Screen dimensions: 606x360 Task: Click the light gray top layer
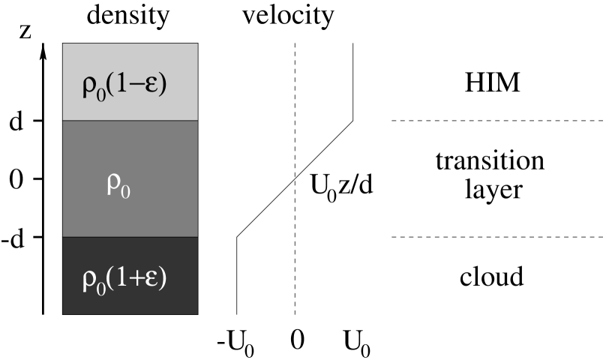click(x=130, y=60)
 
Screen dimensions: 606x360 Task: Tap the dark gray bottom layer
click(x=130, y=300)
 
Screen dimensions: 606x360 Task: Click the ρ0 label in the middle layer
click(x=118, y=184)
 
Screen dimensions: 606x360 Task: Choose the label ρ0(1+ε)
click(x=124, y=279)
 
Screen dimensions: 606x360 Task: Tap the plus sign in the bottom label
click(x=138, y=278)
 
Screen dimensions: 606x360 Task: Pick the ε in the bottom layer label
click(x=151, y=279)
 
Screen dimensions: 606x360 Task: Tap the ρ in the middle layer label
click(x=113, y=183)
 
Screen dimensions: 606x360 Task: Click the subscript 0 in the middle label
click(x=125, y=190)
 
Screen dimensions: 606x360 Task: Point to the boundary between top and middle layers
click(x=130, y=120)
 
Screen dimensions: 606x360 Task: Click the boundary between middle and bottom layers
click(x=130, y=237)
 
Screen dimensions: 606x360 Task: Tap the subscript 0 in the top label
click(x=100, y=92)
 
